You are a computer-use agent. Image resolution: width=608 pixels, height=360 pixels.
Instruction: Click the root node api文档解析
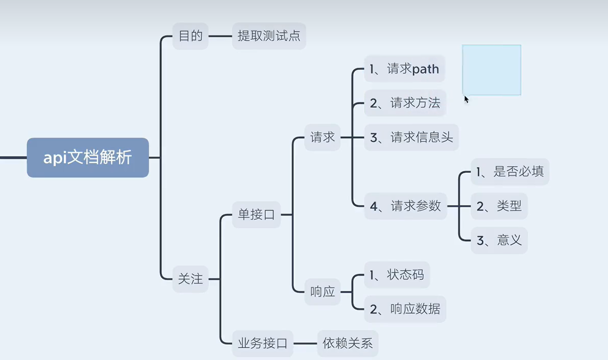pos(88,158)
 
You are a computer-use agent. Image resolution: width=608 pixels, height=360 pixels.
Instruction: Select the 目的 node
pos(190,36)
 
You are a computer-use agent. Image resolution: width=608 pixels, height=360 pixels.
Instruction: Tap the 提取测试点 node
pos(269,36)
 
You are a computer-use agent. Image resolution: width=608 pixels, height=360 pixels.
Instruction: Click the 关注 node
pos(190,279)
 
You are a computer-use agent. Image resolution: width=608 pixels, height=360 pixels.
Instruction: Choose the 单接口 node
pos(256,215)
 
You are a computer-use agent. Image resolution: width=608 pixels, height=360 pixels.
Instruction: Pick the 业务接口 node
pos(262,343)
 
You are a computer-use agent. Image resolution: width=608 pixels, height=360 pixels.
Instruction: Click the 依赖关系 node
pos(348,343)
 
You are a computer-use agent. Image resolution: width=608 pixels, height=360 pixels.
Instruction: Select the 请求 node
pos(322,137)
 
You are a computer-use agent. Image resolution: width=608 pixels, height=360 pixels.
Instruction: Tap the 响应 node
pos(322,291)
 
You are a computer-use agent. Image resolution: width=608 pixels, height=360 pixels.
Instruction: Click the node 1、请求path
pos(404,70)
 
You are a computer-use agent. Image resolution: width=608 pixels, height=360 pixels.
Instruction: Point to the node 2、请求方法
pos(405,103)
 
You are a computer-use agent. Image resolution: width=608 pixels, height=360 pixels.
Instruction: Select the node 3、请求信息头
pos(411,137)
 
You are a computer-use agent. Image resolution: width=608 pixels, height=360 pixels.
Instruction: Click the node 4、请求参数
pos(405,206)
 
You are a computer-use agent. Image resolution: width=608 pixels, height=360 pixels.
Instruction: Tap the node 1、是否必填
pos(510,172)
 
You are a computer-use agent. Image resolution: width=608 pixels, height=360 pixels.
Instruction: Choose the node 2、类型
pos(499,206)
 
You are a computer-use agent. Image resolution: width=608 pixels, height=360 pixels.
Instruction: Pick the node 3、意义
pos(499,240)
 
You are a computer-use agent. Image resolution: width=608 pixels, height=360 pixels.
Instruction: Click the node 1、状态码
pos(396,275)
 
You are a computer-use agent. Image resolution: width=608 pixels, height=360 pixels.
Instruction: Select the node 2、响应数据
pos(405,309)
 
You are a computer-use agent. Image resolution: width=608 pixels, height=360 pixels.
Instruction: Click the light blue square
pos(491,70)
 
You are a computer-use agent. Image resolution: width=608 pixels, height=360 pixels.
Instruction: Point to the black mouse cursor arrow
pos(466,99)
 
